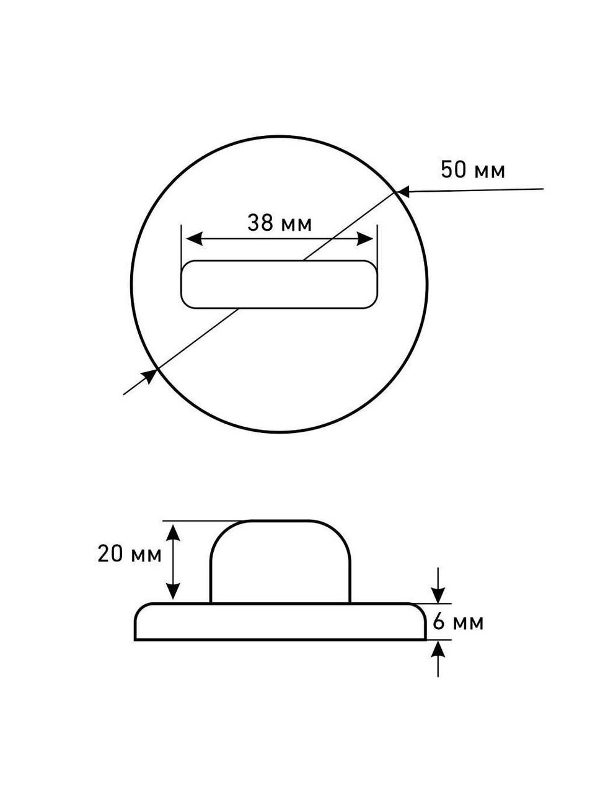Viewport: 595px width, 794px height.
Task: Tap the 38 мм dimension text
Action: (x=280, y=223)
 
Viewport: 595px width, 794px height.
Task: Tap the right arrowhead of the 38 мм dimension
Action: (x=364, y=239)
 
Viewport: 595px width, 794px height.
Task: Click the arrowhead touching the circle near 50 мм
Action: (x=404, y=192)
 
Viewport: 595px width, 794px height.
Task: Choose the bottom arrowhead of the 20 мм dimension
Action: (x=174, y=591)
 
